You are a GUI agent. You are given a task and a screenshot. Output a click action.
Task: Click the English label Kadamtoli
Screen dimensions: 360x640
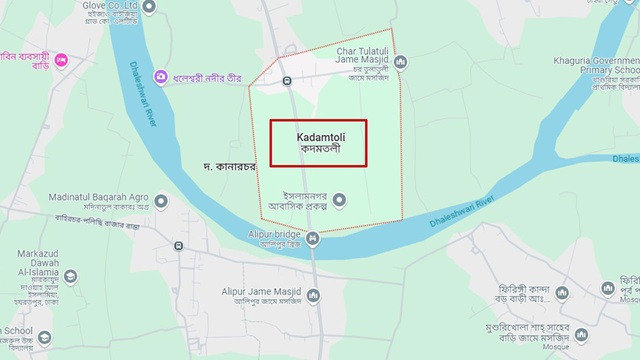coord(319,136)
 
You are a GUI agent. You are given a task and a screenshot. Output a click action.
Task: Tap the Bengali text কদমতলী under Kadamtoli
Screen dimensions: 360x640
coord(319,149)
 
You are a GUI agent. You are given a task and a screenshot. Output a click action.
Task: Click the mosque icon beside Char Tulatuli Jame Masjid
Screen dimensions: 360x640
coord(400,62)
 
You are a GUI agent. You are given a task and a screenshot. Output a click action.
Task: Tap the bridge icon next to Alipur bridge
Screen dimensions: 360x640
coord(313,238)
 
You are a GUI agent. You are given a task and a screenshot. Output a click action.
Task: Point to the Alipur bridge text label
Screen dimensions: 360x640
coord(273,233)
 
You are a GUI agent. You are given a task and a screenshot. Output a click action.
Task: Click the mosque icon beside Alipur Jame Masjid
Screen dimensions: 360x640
coord(313,295)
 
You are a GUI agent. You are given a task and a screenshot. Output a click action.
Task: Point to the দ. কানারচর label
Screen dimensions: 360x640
coord(229,165)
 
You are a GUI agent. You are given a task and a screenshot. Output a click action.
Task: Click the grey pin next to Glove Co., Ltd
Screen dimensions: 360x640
coord(149,7)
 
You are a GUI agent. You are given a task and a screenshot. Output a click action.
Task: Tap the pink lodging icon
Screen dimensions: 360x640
coord(60,61)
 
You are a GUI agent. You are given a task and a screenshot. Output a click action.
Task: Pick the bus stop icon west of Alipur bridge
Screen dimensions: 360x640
coord(178,246)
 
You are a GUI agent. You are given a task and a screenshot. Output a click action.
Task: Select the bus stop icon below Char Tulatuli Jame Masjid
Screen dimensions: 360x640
coord(287,80)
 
